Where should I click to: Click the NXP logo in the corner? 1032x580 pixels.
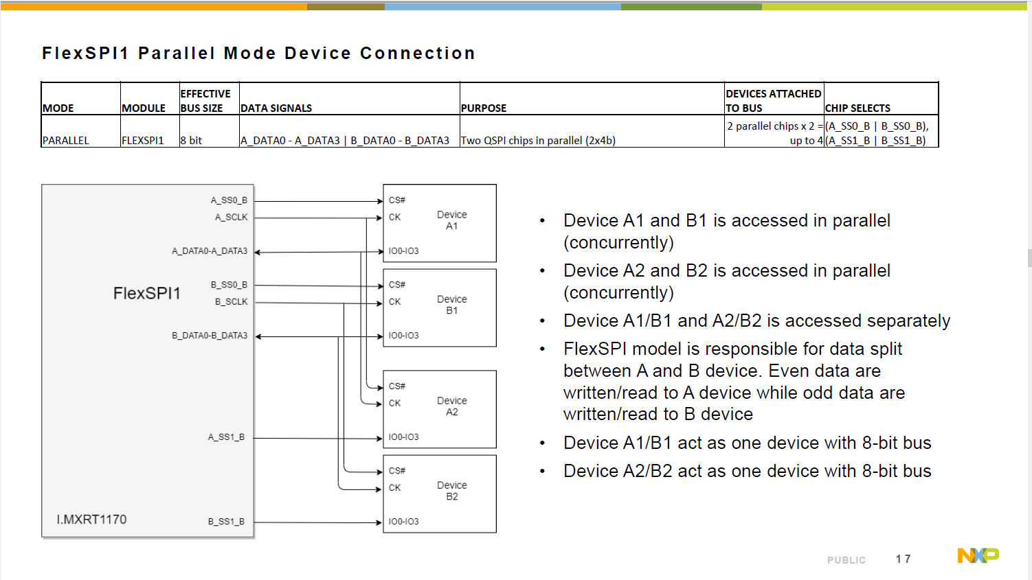click(978, 555)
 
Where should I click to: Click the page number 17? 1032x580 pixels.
click(903, 559)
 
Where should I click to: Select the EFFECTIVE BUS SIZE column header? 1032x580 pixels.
click(205, 100)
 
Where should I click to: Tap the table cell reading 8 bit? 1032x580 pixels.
click(191, 140)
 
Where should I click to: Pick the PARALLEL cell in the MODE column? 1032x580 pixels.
click(66, 140)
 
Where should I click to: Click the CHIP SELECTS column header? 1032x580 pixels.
click(857, 108)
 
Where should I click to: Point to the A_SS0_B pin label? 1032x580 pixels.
click(229, 200)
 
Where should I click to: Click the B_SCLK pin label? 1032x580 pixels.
click(231, 301)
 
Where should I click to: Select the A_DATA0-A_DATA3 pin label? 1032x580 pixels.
click(210, 251)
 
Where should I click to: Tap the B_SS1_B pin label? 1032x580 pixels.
click(226, 522)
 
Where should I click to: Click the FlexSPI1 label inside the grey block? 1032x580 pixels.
click(146, 293)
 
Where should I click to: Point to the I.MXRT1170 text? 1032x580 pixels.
click(91, 520)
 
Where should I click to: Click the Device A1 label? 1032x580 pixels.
click(451, 220)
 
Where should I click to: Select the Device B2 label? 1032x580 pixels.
click(451, 491)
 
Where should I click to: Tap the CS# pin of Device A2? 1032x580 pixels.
click(397, 386)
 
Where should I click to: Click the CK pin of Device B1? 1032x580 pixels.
click(394, 301)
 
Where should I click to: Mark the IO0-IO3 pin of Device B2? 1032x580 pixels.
click(403, 522)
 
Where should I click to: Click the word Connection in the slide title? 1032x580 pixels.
click(417, 54)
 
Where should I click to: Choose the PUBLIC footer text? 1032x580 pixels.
click(846, 560)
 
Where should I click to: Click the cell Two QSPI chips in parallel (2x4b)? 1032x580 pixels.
click(538, 140)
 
